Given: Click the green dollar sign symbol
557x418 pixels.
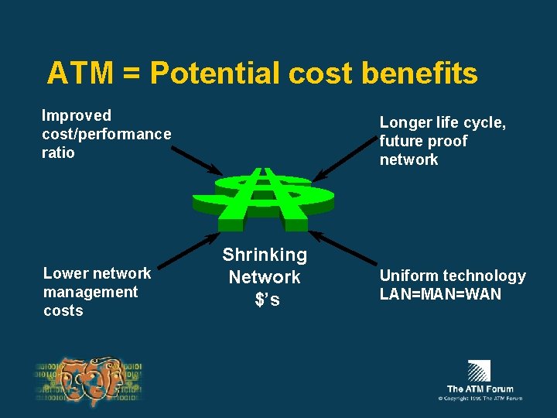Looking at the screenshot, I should click(x=264, y=197).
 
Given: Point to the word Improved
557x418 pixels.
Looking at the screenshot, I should click(x=77, y=115).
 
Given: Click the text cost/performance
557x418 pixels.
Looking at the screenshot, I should click(x=107, y=134).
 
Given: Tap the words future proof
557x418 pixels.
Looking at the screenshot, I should click(x=423, y=141).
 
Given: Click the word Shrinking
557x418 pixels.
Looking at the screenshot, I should click(x=265, y=255).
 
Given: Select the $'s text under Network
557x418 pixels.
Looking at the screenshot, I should click(x=267, y=300).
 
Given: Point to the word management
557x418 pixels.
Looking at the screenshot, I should click(x=91, y=292).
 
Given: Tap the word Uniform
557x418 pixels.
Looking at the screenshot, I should click(x=405, y=276).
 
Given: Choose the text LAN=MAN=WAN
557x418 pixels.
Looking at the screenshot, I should click(x=440, y=294).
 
